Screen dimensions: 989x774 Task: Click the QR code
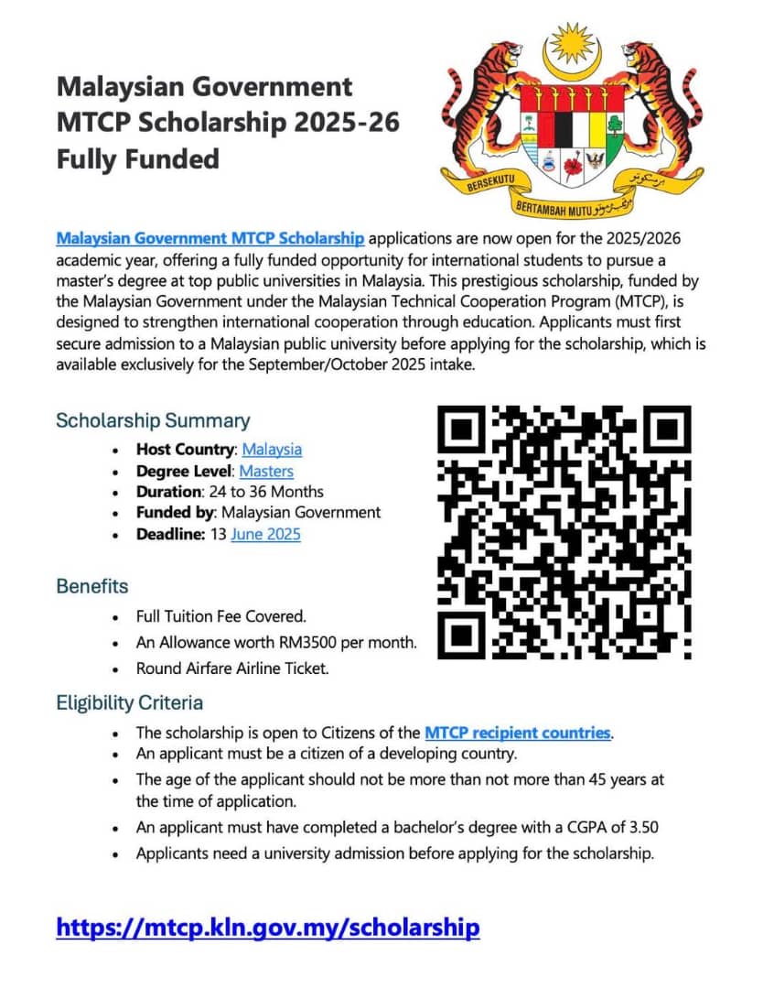click(564, 532)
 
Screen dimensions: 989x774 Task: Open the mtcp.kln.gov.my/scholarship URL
click(267, 927)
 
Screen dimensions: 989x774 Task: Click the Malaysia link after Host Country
click(272, 449)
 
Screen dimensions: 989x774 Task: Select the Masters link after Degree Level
click(266, 471)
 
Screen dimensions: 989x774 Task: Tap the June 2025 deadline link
click(265, 533)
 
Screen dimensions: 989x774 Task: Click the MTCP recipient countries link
click(517, 733)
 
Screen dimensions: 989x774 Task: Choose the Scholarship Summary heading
click(153, 420)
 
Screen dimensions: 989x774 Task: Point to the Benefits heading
click(92, 585)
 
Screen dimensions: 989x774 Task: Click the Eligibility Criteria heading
click(130, 703)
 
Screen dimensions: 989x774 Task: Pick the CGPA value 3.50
click(640, 827)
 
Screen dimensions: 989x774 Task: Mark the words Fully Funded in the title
click(138, 159)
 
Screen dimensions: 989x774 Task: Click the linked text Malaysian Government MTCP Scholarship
click(210, 238)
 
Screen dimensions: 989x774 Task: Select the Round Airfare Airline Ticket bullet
click(232, 668)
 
